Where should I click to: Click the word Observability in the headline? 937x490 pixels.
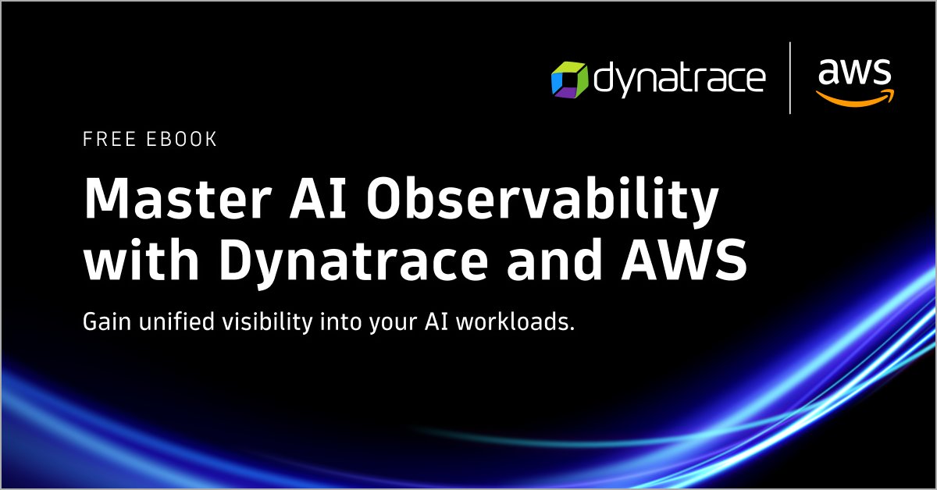pyautogui.click(x=539, y=201)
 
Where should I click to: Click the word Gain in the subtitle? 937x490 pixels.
pyautogui.click(x=103, y=321)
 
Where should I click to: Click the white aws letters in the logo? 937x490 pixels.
pyautogui.click(x=854, y=73)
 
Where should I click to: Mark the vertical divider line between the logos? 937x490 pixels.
pyautogui.click(x=790, y=78)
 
